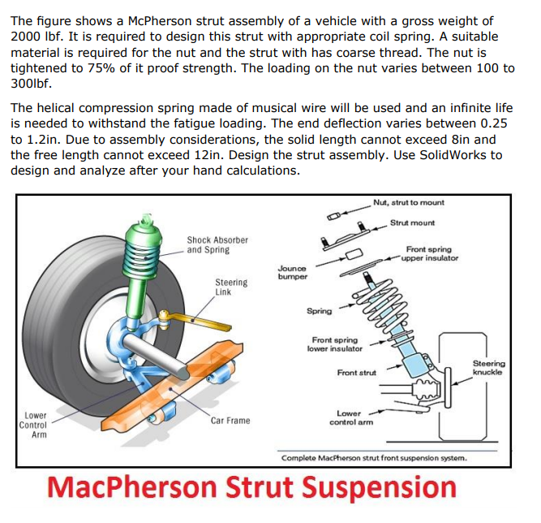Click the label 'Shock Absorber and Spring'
click(x=217, y=244)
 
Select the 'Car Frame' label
click(x=230, y=421)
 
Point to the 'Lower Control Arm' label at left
click(x=35, y=425)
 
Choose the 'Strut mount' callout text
click(x=412, y=223)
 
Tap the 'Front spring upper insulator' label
click(x=431, y=253)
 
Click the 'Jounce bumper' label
click(x=292, y=272)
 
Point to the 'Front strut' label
click(x=357, y=373)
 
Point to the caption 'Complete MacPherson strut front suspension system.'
click(x=372, y=458)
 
